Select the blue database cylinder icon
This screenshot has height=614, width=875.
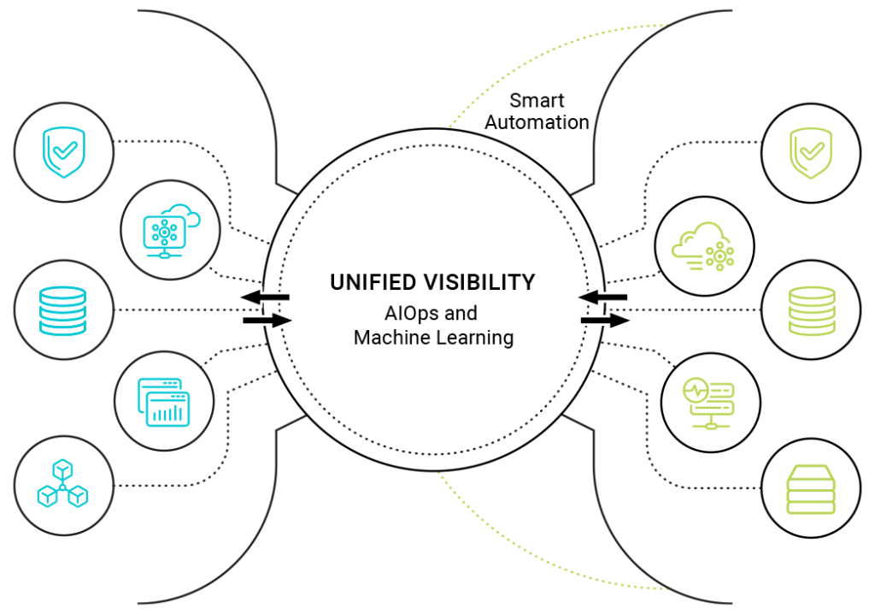[x=63, y=309]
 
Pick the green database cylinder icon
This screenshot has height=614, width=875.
[x=811, y=310]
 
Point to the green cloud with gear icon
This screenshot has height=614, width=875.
[x=703, y=247]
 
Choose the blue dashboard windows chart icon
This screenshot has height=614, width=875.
[x=163, y=401]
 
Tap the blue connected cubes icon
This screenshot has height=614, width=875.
[x=63, y=484]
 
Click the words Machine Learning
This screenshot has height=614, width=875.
[x=433, y=338]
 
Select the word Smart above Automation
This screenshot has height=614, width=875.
[x=537, y=100]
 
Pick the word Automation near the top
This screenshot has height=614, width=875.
[x=537, y=122]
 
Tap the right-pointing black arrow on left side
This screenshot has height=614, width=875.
[x=267, y=321]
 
